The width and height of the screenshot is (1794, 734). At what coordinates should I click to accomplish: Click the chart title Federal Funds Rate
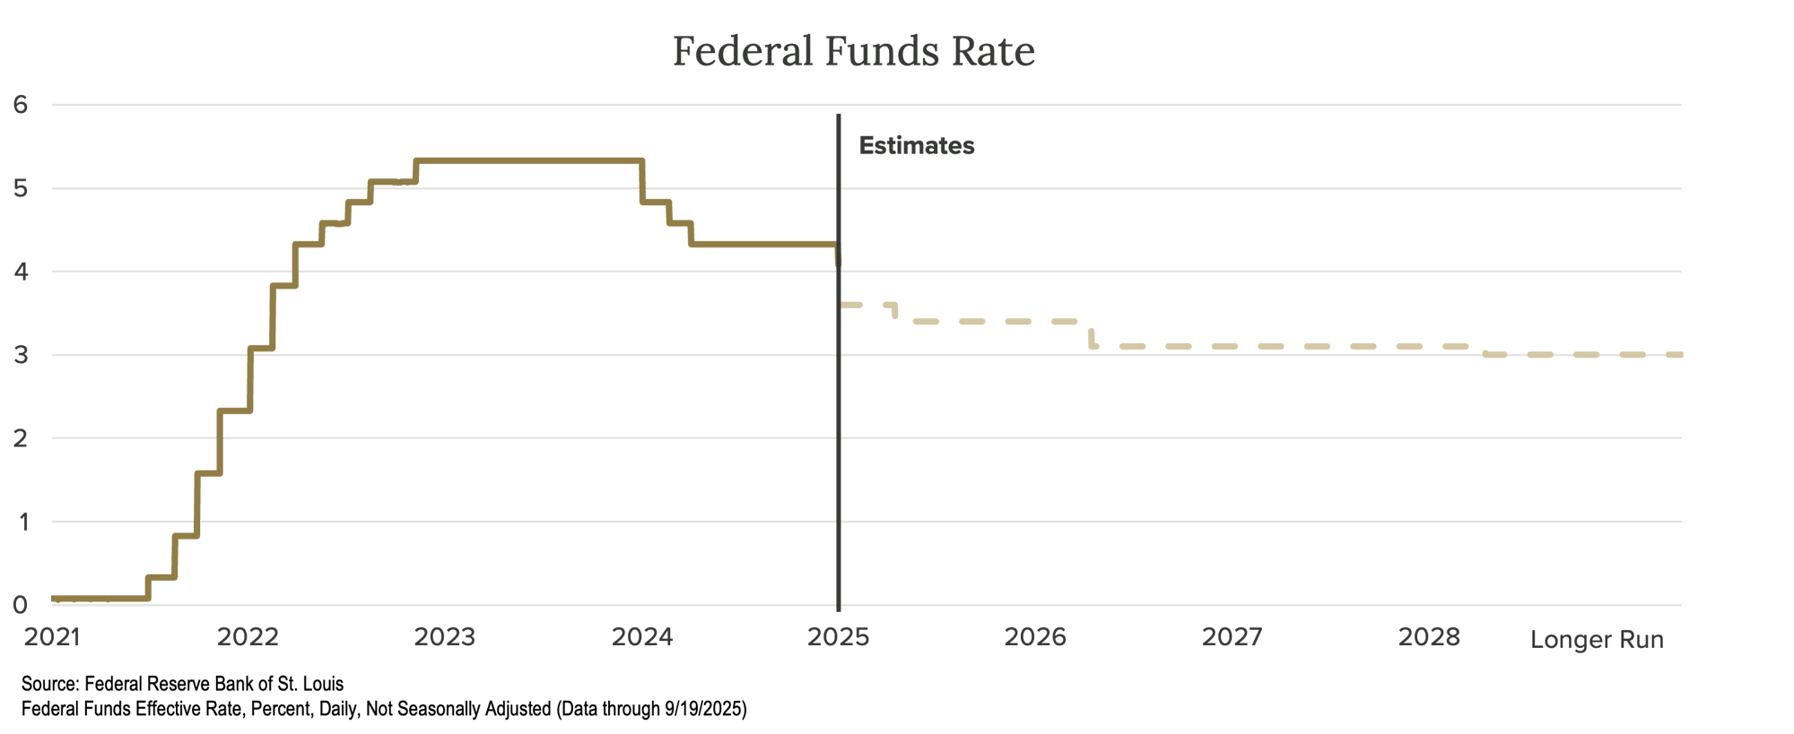click(854, 51)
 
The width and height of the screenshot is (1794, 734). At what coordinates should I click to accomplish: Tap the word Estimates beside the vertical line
click(916, 146)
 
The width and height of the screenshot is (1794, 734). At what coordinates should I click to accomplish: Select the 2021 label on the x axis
click(52, 637)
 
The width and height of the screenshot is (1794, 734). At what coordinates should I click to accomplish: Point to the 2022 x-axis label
click(248, 637)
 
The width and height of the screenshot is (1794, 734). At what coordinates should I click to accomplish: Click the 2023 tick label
click(445, 637)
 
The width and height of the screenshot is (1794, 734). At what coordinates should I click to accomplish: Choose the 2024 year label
click(642, 637)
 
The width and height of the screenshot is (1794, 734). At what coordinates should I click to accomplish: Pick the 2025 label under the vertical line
click(839, 637)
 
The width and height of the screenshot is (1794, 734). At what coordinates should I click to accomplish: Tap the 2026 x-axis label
click(1035, 637)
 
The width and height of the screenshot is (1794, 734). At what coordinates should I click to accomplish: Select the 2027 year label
click(1232, 637)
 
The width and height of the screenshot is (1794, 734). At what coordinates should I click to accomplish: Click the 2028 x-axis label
click(1429, 637)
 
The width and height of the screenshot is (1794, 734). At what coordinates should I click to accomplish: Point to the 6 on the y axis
click(21, 105)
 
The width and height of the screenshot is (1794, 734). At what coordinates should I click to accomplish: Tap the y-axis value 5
click(21, 188)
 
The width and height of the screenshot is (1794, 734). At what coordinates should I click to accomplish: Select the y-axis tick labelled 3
click(21, 355)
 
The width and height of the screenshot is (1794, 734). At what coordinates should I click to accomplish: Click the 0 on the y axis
click(21, 605)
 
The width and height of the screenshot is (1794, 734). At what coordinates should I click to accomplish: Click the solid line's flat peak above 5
click(529, 161)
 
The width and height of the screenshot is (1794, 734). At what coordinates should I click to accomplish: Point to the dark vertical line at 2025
click(839, 403)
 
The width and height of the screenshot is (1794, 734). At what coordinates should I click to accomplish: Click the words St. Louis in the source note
click(310, 684)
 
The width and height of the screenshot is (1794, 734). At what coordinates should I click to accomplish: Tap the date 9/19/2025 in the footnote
click(703, 709)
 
